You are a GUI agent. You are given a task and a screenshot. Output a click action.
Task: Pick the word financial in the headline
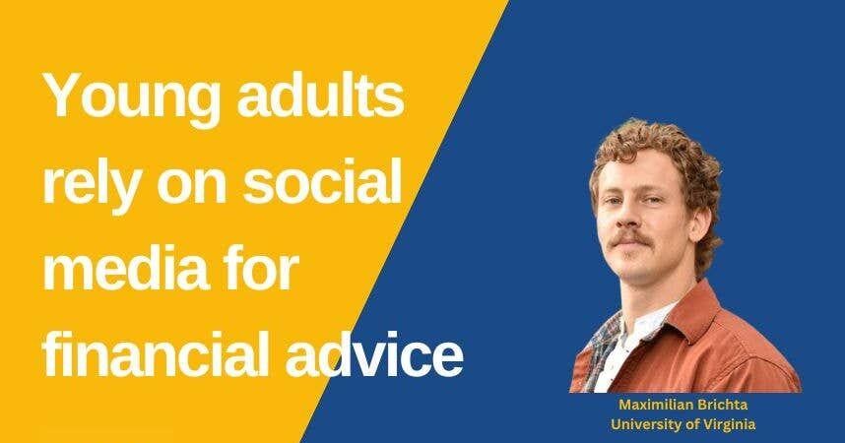(x=162, y=352)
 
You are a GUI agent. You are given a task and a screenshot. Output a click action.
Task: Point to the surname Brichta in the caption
(x=734, y=405)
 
